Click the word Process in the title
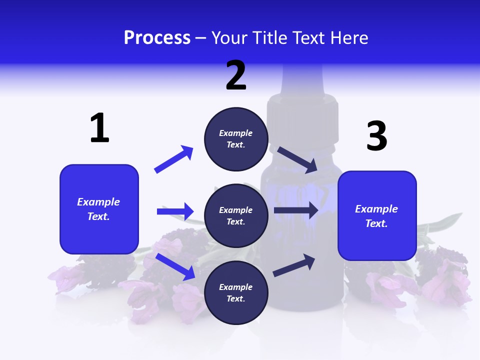click(x=157, y=38)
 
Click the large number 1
click(x=99, y=128)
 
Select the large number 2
click(x=236, y=75)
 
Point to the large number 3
click(x=376, y=136)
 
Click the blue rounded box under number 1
click(x=99, y=209)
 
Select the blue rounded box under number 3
click(x=377, y=216)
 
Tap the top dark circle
click(x=236, y=139)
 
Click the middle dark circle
click(x=236, y=216)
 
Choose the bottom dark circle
click(x=236, y=293)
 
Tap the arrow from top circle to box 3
click(x=297, y=160)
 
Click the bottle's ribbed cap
click(x=302, y=115)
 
